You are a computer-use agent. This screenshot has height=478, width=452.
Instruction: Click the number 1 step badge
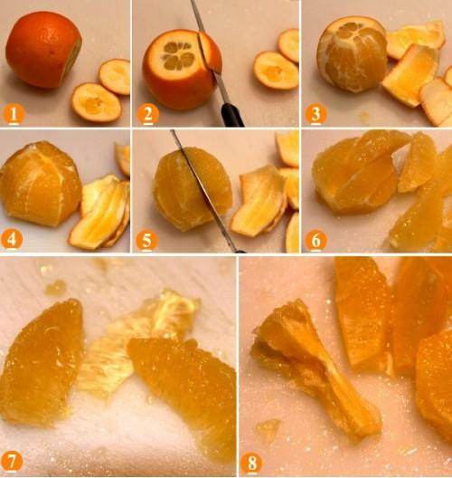(14, 114)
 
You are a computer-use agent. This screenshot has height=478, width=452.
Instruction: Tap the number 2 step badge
(148, 114)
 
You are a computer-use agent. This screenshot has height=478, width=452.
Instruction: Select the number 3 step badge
(315, 114)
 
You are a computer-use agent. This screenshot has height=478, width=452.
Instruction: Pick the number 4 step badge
(12, 240)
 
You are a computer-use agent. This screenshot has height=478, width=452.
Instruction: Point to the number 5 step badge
(146, 241)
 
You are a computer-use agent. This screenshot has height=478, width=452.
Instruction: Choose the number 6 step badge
(315, 241)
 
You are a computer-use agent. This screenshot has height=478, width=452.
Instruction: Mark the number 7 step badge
(12, 462)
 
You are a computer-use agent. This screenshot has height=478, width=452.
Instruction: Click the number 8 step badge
(251, 464)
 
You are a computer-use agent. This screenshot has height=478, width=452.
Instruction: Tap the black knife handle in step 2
(232, 115)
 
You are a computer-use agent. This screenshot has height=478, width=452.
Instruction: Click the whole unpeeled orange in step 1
(43, 50)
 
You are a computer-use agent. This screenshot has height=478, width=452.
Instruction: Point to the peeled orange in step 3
(352, 54)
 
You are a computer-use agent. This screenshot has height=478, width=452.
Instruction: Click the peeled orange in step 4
(41, 184)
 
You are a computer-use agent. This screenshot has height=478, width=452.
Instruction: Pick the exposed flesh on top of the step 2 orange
(179, 56)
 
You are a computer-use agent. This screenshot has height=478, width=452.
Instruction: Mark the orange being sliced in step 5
(193, 189)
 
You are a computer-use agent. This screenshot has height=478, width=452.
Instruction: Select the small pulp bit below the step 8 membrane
(268, 430)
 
